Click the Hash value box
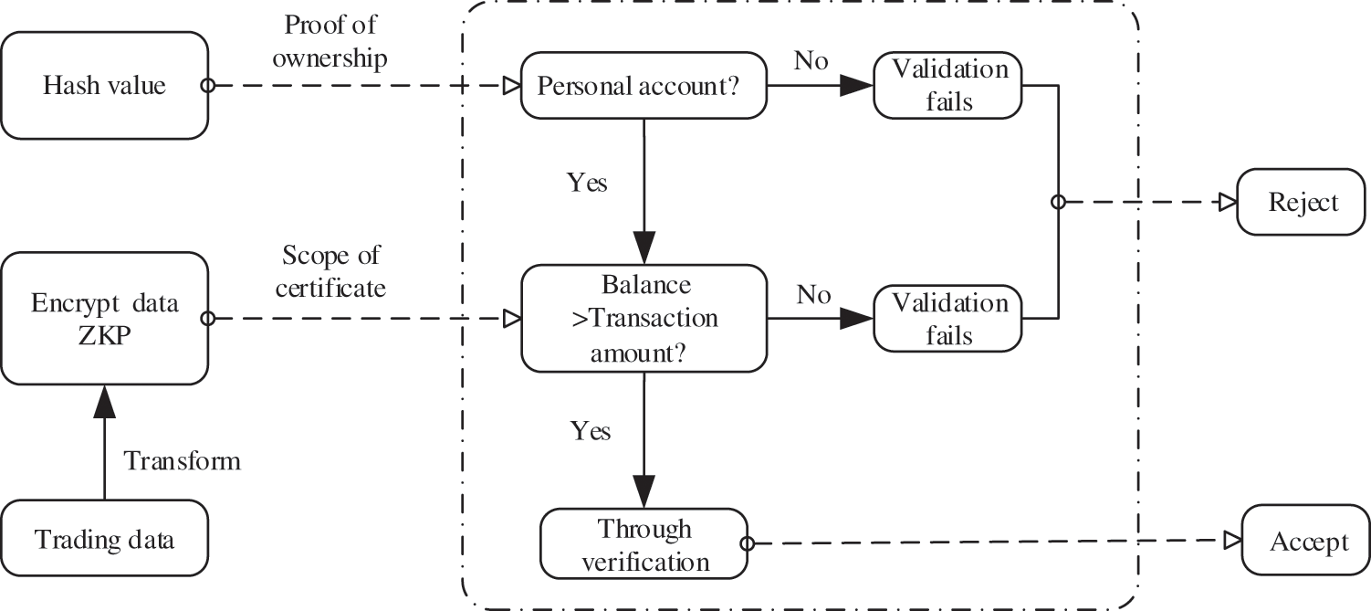[x=104, y=86]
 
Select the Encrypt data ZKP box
[x=104, y=319]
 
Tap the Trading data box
[x=104, y=539]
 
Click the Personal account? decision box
[x=644, y=86]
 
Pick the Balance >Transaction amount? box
[x=644, y=319]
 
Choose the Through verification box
[x=644, y=544]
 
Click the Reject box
[x=1303, y=202]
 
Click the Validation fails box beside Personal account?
[x=948, y=86]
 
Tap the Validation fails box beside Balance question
[x=948, y=319]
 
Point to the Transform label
[x=183, y=460]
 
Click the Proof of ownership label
[x=330, y=41]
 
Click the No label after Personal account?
[x=811, y=61]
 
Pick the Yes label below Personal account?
[x=588, y=182]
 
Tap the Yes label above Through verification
[x=591, y=429]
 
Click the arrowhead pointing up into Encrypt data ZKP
[x=104, y=399]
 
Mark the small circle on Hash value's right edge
[x=207, y=86]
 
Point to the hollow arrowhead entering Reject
[x=1229, y=202]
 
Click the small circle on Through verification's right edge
[x=747, y=543]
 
